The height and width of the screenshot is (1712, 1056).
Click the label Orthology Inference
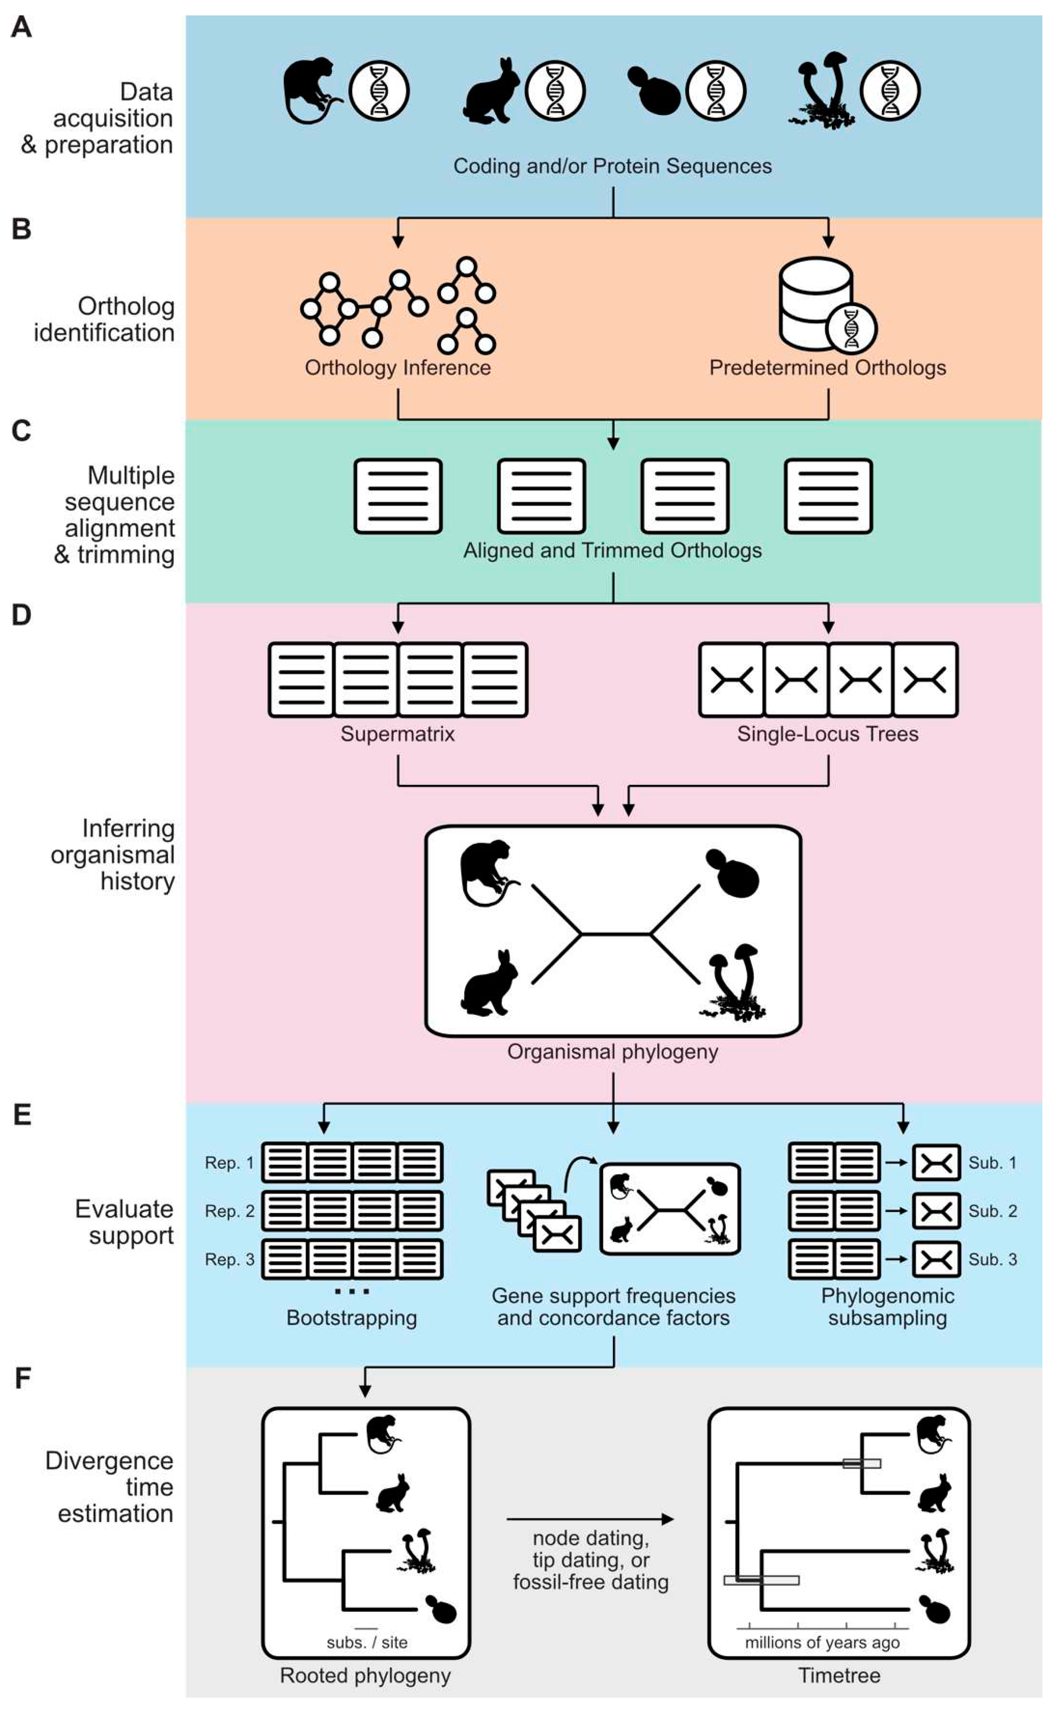click(397, 367)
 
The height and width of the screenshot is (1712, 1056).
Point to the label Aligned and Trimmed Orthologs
click(612, 550)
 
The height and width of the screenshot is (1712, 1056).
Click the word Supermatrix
click(397, 734)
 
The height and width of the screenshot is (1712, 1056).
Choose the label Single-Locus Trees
click(828, 734)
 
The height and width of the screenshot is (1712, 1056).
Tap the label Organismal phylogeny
click(612, 1052)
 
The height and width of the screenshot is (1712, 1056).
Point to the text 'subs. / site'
click(367, 1642)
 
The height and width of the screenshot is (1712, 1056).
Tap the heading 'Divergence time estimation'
click(110, 1487)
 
